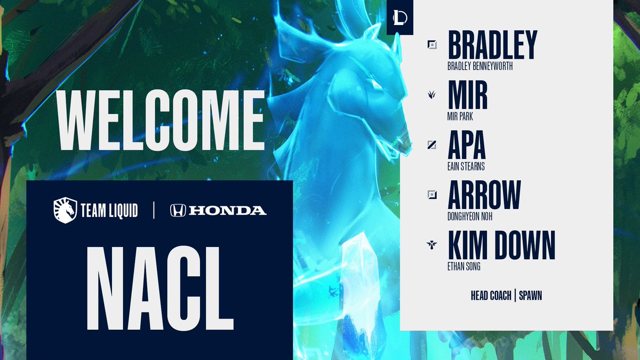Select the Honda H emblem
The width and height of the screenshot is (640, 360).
(178, 211)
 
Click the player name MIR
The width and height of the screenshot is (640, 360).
(468, 95)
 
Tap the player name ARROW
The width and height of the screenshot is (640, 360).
(484, 195)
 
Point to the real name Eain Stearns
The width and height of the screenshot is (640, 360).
(466, 167)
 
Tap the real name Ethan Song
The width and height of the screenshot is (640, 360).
(464, 267)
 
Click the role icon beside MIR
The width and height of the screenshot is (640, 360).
(432, 94)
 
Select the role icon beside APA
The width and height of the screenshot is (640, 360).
(432, 145)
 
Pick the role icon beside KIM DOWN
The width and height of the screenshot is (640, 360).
(432, 245)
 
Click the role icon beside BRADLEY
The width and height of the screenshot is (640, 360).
(432, 45)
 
